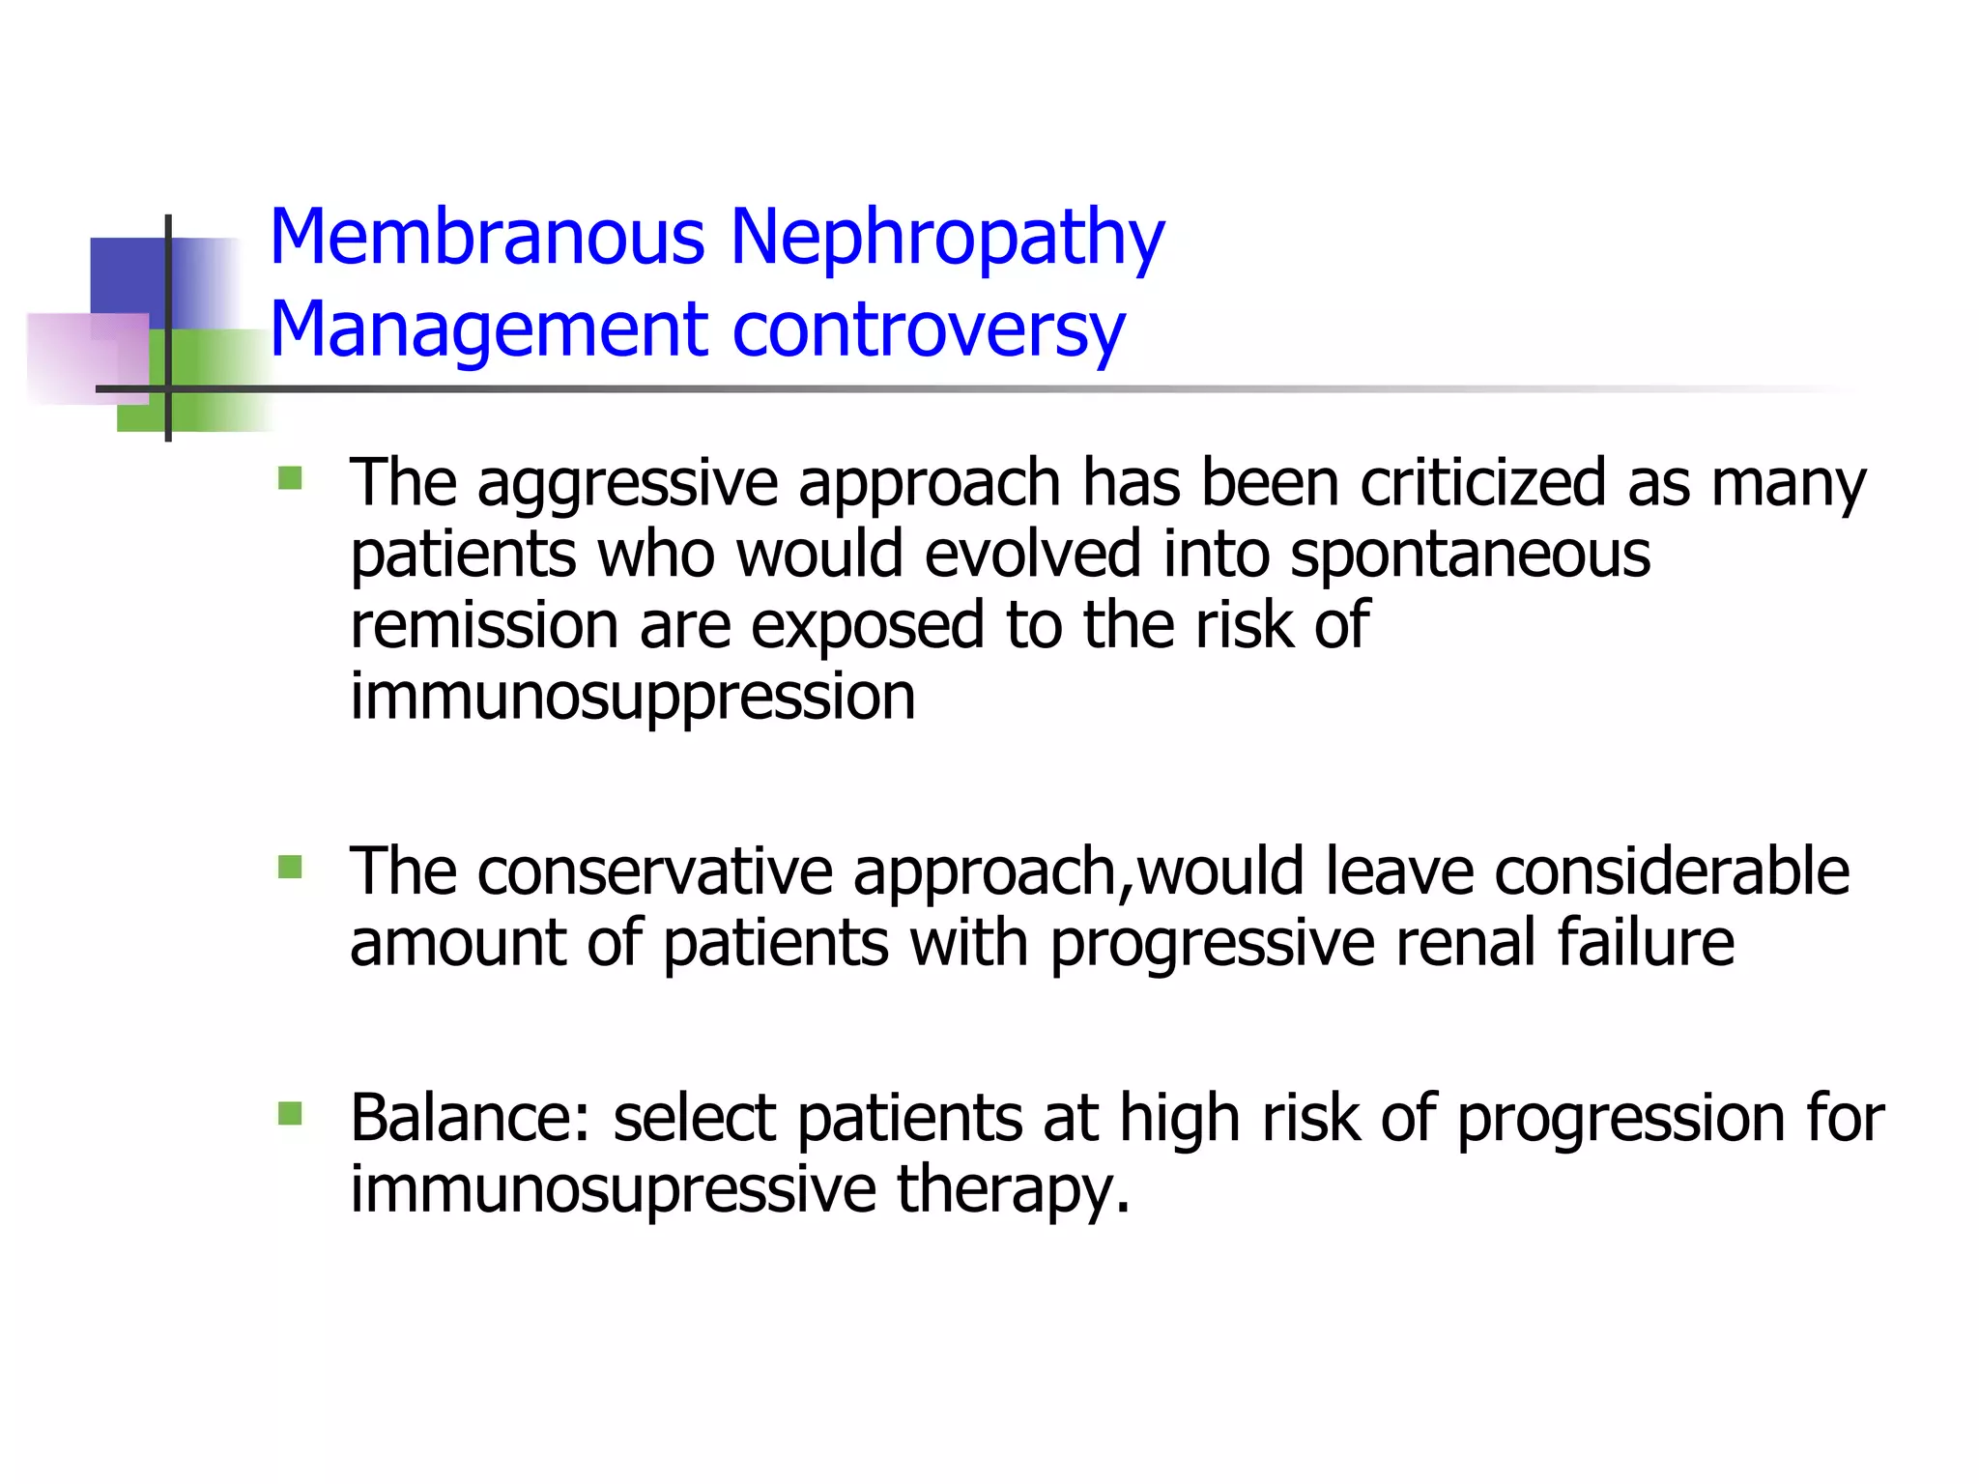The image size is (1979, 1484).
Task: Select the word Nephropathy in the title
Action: (x=947, y=239)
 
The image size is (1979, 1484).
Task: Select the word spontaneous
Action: (x=1470, y=556)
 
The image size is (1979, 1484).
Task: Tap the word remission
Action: (x=483, y=625)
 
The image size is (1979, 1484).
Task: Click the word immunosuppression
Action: (x=632, y=698)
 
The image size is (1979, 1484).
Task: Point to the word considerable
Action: (x=1672, y=871)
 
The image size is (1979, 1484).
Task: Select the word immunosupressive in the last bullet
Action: (x=613, y=1190)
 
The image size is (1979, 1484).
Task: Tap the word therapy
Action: (x=1013, y=1190)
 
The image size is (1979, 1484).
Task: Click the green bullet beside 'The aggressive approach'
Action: (x=290, y=479)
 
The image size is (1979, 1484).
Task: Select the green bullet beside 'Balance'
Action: (x=290, y=1115)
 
